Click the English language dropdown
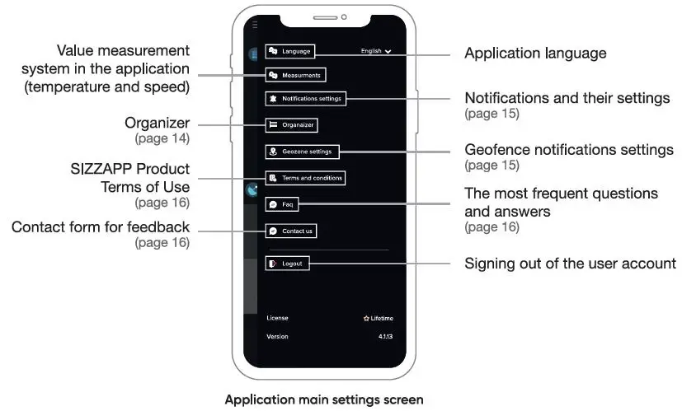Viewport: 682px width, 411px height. click(376, 51)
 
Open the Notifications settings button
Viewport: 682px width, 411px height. click(305, 99)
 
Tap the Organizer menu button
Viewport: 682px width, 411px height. click(291, 125)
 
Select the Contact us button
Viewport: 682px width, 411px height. click(291, 231)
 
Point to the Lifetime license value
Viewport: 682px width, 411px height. click(379, 318)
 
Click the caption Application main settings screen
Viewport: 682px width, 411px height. click(324, 400)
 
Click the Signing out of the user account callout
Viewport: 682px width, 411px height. click(570, 264)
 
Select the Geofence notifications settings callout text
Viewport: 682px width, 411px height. click(569, 151)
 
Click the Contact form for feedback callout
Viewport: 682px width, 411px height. click(101, 227)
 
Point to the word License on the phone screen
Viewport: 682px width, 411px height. click(277, 318)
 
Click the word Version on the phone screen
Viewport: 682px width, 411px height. click(277, 337)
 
